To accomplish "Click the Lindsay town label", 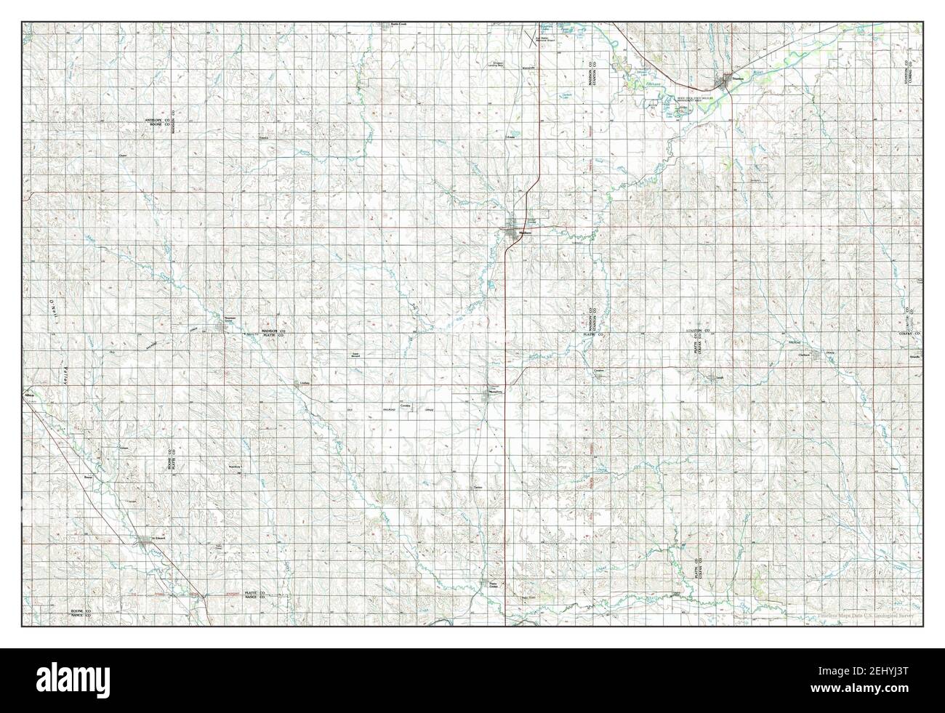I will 305,383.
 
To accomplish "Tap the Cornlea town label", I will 406,405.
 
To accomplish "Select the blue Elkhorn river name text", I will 656,84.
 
